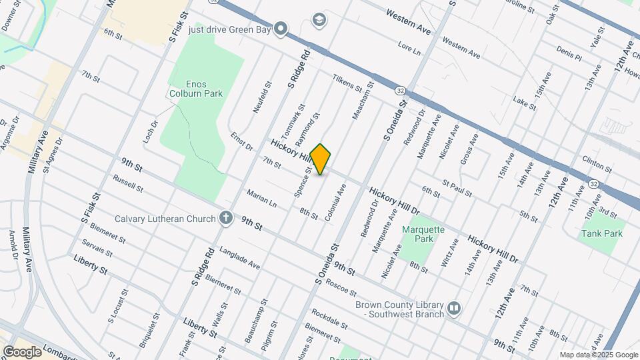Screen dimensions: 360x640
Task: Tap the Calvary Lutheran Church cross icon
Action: click(x=226, y=218)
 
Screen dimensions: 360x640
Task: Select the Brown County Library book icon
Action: click(x=454, y=308)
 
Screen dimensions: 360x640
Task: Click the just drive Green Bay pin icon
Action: click(x=281, y=29)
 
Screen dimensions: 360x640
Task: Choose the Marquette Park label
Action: click(x=423, y=234)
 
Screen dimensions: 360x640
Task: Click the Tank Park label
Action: click(x=601, y=233)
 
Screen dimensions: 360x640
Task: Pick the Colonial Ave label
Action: click(x=335, y=203)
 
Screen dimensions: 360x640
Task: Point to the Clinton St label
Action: click(x=597, y=163)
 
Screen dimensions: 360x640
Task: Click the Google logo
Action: click(x=21, y=351)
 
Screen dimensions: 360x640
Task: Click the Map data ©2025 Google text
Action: click(x=598, y=355)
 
